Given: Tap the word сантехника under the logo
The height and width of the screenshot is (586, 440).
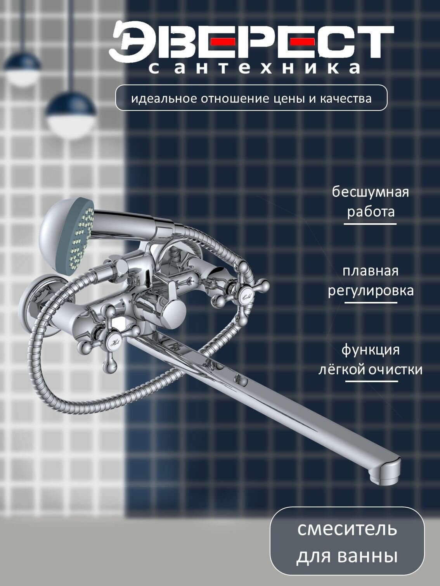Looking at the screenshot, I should pyautogui.click(x=254, y=68).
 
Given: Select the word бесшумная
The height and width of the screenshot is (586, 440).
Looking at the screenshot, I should pyautogui.click(x=370, y=192).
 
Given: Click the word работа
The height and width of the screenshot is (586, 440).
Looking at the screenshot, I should pyautogui.click(x=371, y=212).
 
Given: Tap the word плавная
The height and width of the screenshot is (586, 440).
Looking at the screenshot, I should pyautogui.click(x=370, y=271).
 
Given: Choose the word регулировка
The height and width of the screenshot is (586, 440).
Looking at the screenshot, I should pyautogui.click(x=371, y=291).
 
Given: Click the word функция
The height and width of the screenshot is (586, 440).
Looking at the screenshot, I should pyautogui.click(x=370, y=350).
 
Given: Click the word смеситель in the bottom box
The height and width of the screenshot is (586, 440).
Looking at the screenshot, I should pyautogui.click(x=347, y=529).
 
